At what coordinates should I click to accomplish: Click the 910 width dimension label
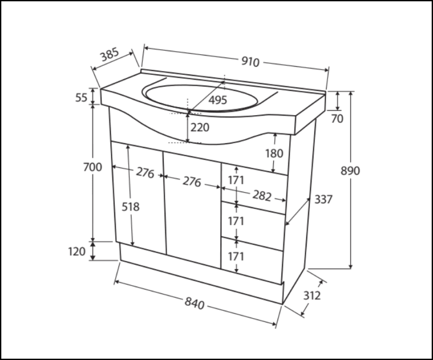(250, 62)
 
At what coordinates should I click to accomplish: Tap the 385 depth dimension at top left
(110, 55)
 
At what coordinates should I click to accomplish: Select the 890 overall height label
(350, 171)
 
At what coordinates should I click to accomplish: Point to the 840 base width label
(195, 303)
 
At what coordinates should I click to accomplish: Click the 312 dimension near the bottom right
(312, 296)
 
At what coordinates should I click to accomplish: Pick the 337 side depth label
(323, 199)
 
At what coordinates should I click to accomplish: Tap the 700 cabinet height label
(93, 167)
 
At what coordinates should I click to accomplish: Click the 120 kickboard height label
(77, 251)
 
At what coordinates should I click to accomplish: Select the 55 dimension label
(81, 97)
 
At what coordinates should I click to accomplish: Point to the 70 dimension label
(337, 119)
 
